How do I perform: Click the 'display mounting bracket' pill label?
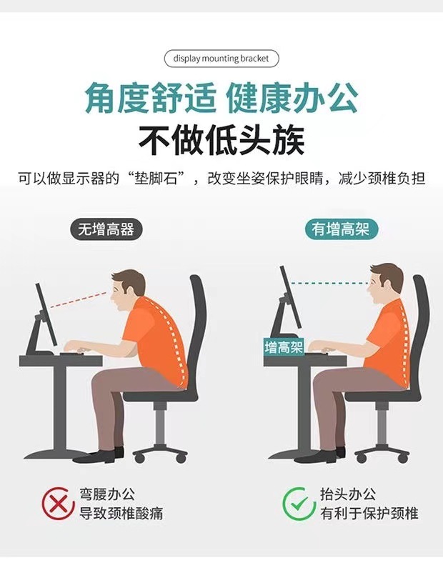click(221, 59)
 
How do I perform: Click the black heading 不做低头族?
click(221, 139)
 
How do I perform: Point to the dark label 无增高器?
click(106, 230)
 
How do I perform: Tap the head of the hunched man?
click(129, 286)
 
